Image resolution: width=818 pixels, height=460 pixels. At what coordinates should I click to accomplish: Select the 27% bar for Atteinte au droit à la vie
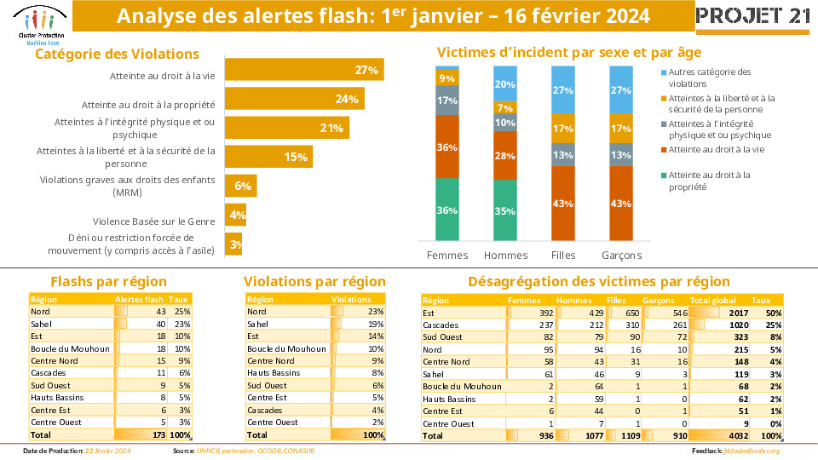[x=303, y=70]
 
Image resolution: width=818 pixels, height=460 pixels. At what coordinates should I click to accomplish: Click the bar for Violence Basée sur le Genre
[x=235, y=216]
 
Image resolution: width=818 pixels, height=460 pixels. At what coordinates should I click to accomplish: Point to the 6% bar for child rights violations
[x=239, y=186]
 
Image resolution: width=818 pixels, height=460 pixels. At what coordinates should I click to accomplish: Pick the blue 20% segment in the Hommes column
[x=504, y=84]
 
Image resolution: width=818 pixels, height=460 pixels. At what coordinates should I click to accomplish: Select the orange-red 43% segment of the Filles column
[x=562, y=204]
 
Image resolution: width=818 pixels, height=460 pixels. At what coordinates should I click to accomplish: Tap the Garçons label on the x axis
[x=621, y=256]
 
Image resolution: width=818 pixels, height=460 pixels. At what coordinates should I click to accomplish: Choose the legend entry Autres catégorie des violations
[x=709, y=78]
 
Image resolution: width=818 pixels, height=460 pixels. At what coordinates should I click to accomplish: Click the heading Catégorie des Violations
[x=117, y=54]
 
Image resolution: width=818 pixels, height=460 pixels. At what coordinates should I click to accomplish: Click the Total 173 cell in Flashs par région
[x=154, y=434]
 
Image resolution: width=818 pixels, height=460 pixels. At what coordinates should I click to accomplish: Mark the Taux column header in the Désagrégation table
[x=761, y=300]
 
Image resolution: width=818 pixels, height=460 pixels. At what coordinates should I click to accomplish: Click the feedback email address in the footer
[x=753, y=451]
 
